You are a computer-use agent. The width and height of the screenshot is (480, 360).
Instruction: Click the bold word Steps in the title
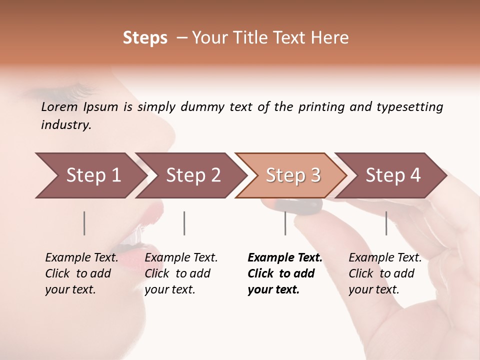145,38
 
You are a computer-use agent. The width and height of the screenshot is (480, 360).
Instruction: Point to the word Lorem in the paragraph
59,106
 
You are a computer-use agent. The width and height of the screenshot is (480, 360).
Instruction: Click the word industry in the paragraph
65,125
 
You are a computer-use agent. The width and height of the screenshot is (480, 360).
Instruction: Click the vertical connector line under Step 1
84,223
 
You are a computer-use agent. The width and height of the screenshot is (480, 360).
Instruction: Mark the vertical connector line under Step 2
184,223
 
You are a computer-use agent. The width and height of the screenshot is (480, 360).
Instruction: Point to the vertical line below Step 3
285,223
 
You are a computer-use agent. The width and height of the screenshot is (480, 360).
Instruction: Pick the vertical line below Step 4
386,223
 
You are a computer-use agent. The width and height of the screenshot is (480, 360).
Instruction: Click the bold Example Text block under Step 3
284,273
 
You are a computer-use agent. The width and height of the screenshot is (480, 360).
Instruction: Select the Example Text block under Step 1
81,273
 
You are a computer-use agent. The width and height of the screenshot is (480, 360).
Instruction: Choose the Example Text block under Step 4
384,273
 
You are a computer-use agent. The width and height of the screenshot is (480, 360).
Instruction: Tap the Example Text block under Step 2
181,273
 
